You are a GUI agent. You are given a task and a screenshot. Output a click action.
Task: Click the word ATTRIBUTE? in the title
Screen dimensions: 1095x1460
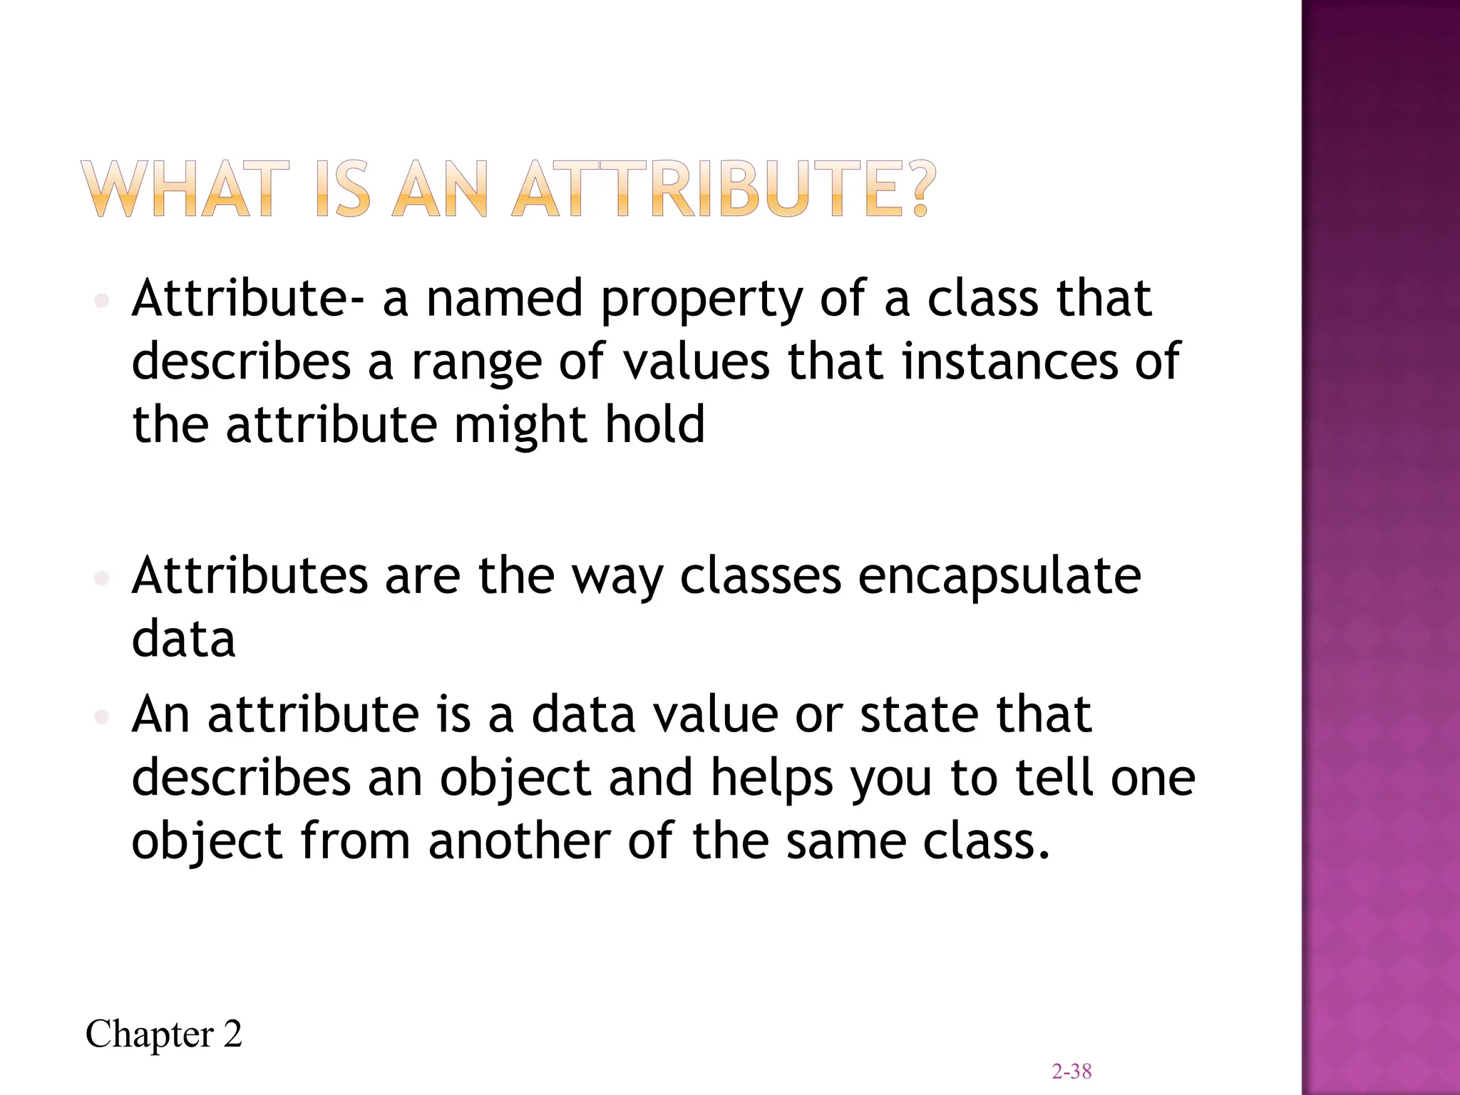pos(723,188)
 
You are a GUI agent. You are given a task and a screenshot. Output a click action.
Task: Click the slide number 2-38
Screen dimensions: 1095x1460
pos(1071,1071)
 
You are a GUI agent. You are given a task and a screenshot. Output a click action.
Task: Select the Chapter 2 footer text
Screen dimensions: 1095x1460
pos(164,1034)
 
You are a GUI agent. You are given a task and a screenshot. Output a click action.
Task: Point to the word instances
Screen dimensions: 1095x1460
pos(1010,361)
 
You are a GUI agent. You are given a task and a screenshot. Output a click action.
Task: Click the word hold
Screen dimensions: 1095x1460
pos(655,424)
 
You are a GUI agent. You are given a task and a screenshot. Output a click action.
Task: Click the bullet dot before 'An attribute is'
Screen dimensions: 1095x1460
pos(101,716)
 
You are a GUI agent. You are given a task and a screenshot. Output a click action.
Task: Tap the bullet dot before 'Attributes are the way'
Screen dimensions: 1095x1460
pos(101,577)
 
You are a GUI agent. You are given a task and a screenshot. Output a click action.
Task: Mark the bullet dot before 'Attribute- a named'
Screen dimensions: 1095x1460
pos(101,301)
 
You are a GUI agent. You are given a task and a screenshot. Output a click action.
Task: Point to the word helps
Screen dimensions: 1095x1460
pos(772,778)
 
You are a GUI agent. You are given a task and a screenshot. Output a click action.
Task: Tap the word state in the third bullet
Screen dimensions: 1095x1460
pos(919,714)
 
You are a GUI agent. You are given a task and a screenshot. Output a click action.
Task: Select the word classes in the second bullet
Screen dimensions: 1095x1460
pos(760,576)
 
